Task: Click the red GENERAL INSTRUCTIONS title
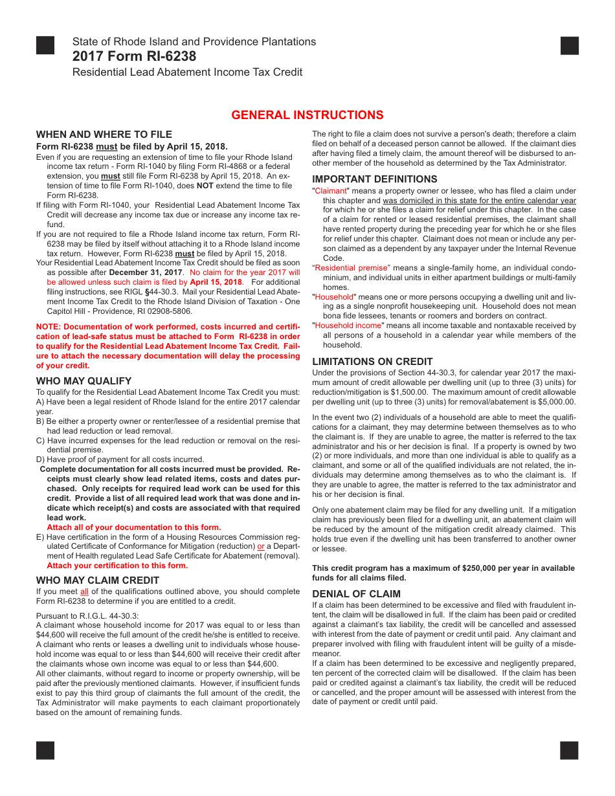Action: [307, 115]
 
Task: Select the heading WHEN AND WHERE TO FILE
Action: [104, 135]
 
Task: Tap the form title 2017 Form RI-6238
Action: [134, 56]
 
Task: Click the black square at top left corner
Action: [45, 45]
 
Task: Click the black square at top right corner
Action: [570, 45]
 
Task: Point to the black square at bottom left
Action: [45, 750]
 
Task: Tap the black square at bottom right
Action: [570, 750]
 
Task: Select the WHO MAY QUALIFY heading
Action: [84, 381]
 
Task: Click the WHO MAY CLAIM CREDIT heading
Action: [97, 580]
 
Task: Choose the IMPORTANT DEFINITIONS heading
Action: [375, 179]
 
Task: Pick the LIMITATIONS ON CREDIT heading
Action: [372, 362]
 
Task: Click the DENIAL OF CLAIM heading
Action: [356, 594]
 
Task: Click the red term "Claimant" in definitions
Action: [331, 191]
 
